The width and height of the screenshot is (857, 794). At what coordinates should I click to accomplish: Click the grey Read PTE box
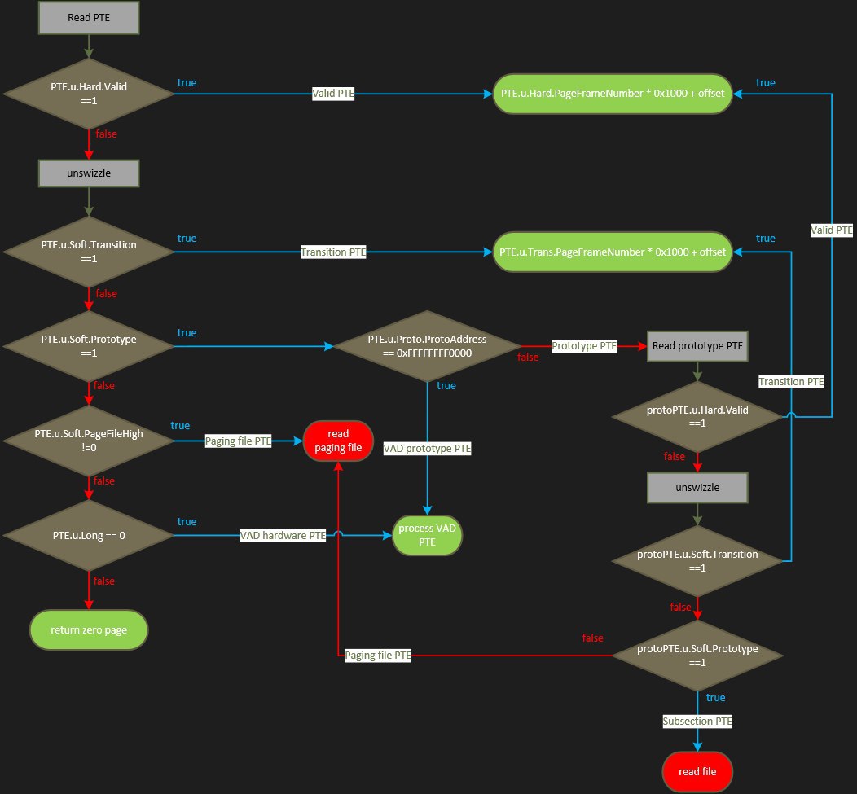coord(90,17)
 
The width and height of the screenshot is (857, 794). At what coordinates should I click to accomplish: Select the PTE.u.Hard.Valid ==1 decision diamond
coord(89,94)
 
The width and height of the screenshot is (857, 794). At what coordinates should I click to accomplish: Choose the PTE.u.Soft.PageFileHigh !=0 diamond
coord(89,441)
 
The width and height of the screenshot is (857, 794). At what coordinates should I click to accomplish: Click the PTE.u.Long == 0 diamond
coord(89,535)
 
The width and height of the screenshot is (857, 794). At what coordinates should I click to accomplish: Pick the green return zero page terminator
coord(89,629)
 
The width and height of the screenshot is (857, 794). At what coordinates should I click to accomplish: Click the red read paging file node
coord(338,441)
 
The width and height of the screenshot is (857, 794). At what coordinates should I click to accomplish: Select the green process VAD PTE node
coord(427,535)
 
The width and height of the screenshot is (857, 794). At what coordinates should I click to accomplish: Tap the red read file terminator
coord(697,770)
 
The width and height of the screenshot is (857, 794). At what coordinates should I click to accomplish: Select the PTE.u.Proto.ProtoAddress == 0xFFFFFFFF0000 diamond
coord(427,346)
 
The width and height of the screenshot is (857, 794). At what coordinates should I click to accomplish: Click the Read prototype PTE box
coord(697,345)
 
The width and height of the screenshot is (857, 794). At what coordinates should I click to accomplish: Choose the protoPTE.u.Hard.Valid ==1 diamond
coord(697,417)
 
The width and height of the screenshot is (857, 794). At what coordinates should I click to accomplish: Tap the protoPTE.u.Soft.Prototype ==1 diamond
coord(697,655)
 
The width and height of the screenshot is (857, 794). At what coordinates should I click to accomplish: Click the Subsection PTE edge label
coord(697,721)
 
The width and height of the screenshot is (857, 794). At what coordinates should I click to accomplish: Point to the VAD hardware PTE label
coord(283,535)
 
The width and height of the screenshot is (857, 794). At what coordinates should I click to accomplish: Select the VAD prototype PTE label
coord(427,448)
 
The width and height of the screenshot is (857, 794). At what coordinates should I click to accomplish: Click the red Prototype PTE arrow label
coord(584,346)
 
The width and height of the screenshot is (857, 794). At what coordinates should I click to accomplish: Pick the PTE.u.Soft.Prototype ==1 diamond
coord(89,346)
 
